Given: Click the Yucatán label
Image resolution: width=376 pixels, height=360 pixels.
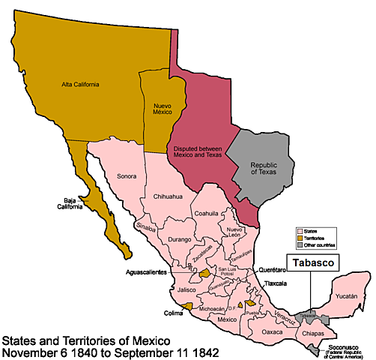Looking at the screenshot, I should pos(347,295).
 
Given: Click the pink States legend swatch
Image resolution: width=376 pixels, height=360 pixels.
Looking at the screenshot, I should pos(300,232).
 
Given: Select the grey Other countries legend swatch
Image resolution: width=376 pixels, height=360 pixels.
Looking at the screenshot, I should pos(300,245).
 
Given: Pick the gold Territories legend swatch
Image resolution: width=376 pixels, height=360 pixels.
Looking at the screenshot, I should pos(300,238).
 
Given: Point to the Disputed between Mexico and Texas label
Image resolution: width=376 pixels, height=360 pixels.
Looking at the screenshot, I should pos(196,150).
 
